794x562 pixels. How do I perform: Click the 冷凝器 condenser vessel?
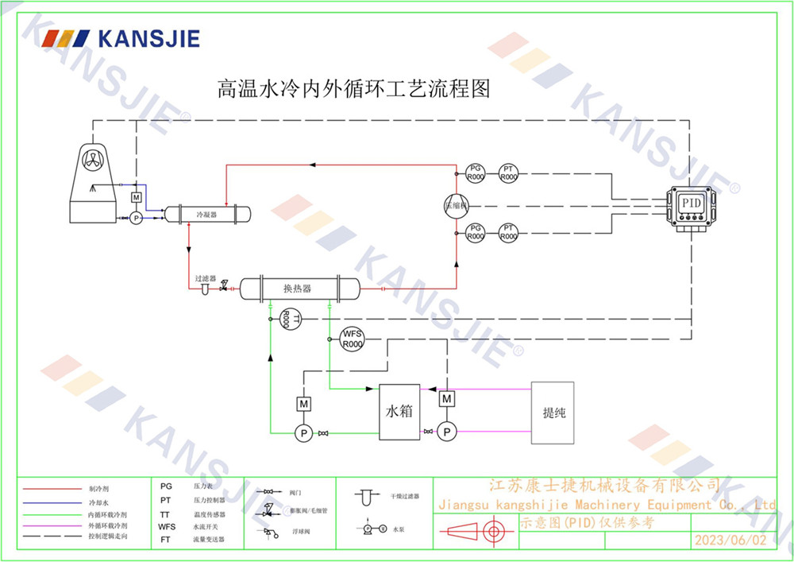tap(207, 214)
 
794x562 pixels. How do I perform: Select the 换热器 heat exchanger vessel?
tap(298, 288)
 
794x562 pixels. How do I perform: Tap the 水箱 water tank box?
tap(399, 412)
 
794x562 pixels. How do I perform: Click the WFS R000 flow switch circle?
tap(352, 339)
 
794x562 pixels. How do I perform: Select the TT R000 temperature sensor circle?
tap(289, 319)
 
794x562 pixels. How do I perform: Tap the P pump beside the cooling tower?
tap(136, 217)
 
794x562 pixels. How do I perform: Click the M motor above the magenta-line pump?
tap(447, 397)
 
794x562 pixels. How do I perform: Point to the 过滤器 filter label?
tap(206, 279)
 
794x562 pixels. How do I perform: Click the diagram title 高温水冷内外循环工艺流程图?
tap(353, 88)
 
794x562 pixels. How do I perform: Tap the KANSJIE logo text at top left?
tap(148, 38)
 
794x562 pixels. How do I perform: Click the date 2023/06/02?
tap(730, 540)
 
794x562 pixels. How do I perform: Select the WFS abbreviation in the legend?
tap(167, 526)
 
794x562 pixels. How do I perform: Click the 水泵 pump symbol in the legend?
tap(372, 528)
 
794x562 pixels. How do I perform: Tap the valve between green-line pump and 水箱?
tap(323, 433)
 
